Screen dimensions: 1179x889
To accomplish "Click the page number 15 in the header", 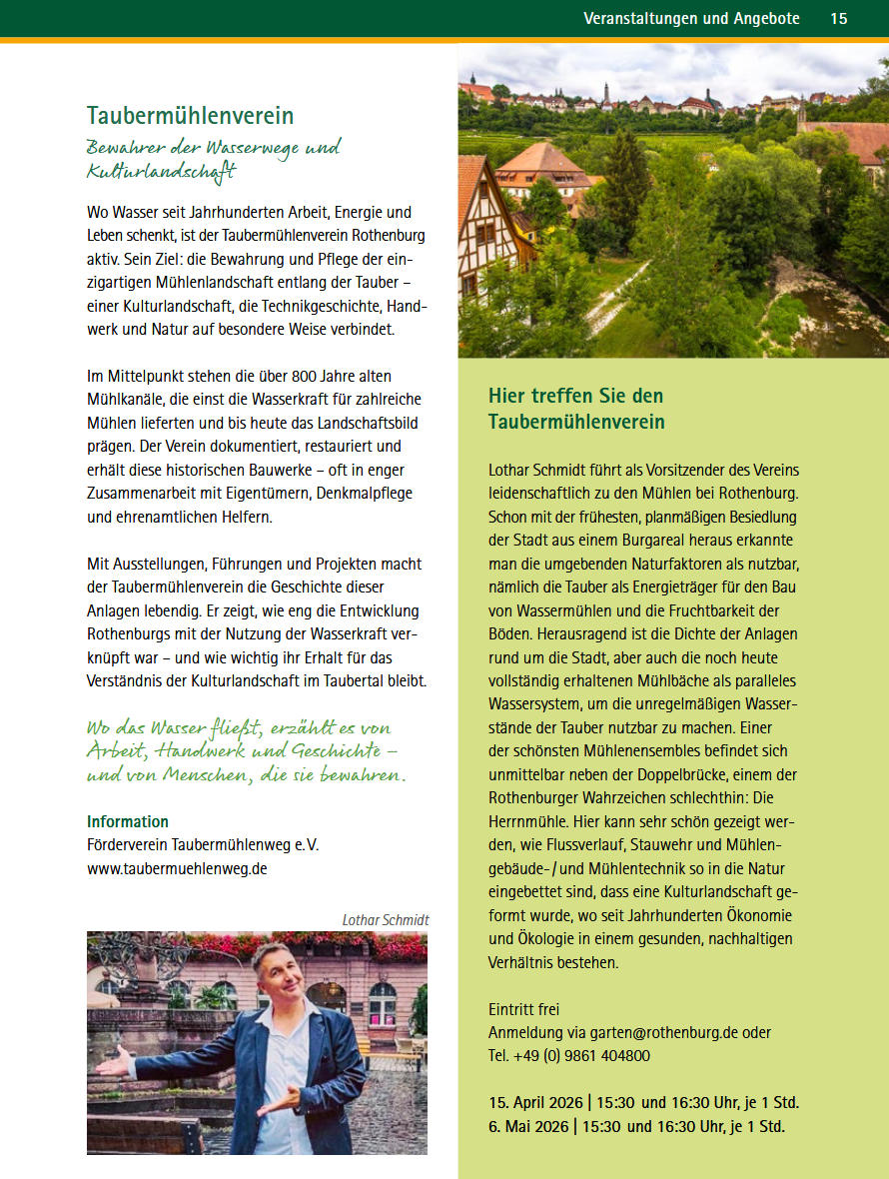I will [x=838, y=19].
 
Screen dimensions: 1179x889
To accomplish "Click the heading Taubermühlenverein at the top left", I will [x=190, y=116].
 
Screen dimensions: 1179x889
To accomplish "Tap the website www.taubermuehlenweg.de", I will [x=177, y=868].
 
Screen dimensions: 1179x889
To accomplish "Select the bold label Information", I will [x=128, y=821].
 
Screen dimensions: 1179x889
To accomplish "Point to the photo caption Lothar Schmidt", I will [x=385, y=919].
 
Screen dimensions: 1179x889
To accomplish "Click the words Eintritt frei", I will [x=523, y=1009].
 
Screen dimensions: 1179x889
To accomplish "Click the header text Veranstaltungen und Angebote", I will [x=691, y=19].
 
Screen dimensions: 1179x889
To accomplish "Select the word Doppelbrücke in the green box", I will [x=714, y=773].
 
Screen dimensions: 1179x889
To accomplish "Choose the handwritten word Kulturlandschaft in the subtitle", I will [x=161, y=172].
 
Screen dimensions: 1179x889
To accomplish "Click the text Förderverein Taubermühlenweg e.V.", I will [x=203, y=845].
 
